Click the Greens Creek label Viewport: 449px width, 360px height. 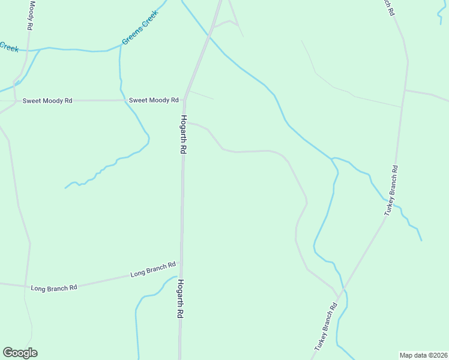click(x=140, y=28)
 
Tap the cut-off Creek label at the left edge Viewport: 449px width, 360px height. click(x=9, y=47)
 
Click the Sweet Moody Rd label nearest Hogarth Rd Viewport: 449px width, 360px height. click(x=154, y=100)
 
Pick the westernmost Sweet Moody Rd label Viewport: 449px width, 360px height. click(x=47, y=101)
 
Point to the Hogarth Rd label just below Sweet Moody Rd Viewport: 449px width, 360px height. click(x=183, y=135)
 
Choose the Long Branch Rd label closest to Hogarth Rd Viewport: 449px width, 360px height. click(x=153, y=269)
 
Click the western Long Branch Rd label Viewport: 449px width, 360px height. click(x=54, y=288)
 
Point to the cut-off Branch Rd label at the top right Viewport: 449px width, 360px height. click(x=389, y=7)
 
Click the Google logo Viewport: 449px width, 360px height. click(x=20, y=353)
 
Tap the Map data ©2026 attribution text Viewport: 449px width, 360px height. click(x=424, y=355)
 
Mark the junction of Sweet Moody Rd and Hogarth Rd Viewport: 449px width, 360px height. click(x=185, y=100)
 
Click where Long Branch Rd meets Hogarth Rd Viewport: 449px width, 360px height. click(x=181, y=262)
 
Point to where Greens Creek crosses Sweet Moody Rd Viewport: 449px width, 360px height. click(x=123, y=100)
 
